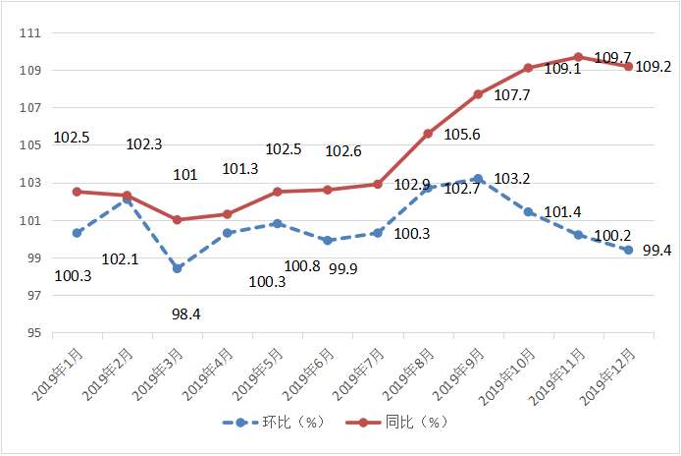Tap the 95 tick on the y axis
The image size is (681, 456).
tap(32, 333)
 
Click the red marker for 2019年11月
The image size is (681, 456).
tap(578, 57)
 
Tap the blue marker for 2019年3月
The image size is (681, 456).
tap(178, 268)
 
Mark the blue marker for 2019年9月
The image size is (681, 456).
tap(478, 179)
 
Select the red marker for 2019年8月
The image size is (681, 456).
tap(428, 134)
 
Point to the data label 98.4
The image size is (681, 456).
tap(186, 313)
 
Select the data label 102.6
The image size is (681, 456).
tap(343, 150)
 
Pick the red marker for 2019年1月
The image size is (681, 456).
tap(77, 192)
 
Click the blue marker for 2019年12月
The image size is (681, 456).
tap(628, 250)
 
